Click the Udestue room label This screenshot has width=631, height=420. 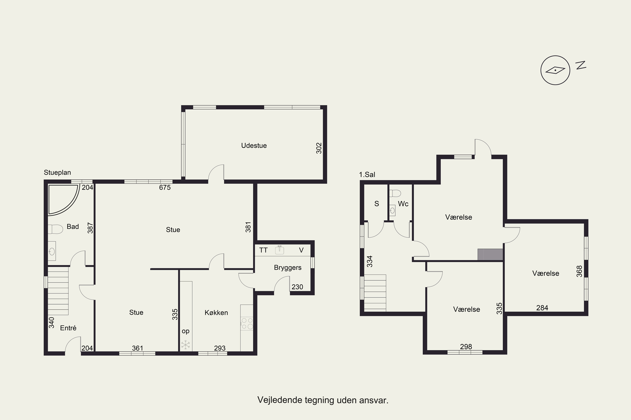(254, 146)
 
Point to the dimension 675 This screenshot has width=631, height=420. (165, 188)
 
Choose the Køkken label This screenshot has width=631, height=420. (216, 313)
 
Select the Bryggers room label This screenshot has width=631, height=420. (288, 268)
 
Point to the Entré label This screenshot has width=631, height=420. (68, 328)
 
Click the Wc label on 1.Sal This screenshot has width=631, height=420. (403, 204)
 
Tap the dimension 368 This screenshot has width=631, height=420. (579, 271)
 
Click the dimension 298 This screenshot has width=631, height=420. (466, 347)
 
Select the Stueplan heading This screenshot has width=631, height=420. (57, 172)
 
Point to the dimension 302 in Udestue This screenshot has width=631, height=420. (319, 148)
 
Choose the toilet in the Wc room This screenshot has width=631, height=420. (395, 193)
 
